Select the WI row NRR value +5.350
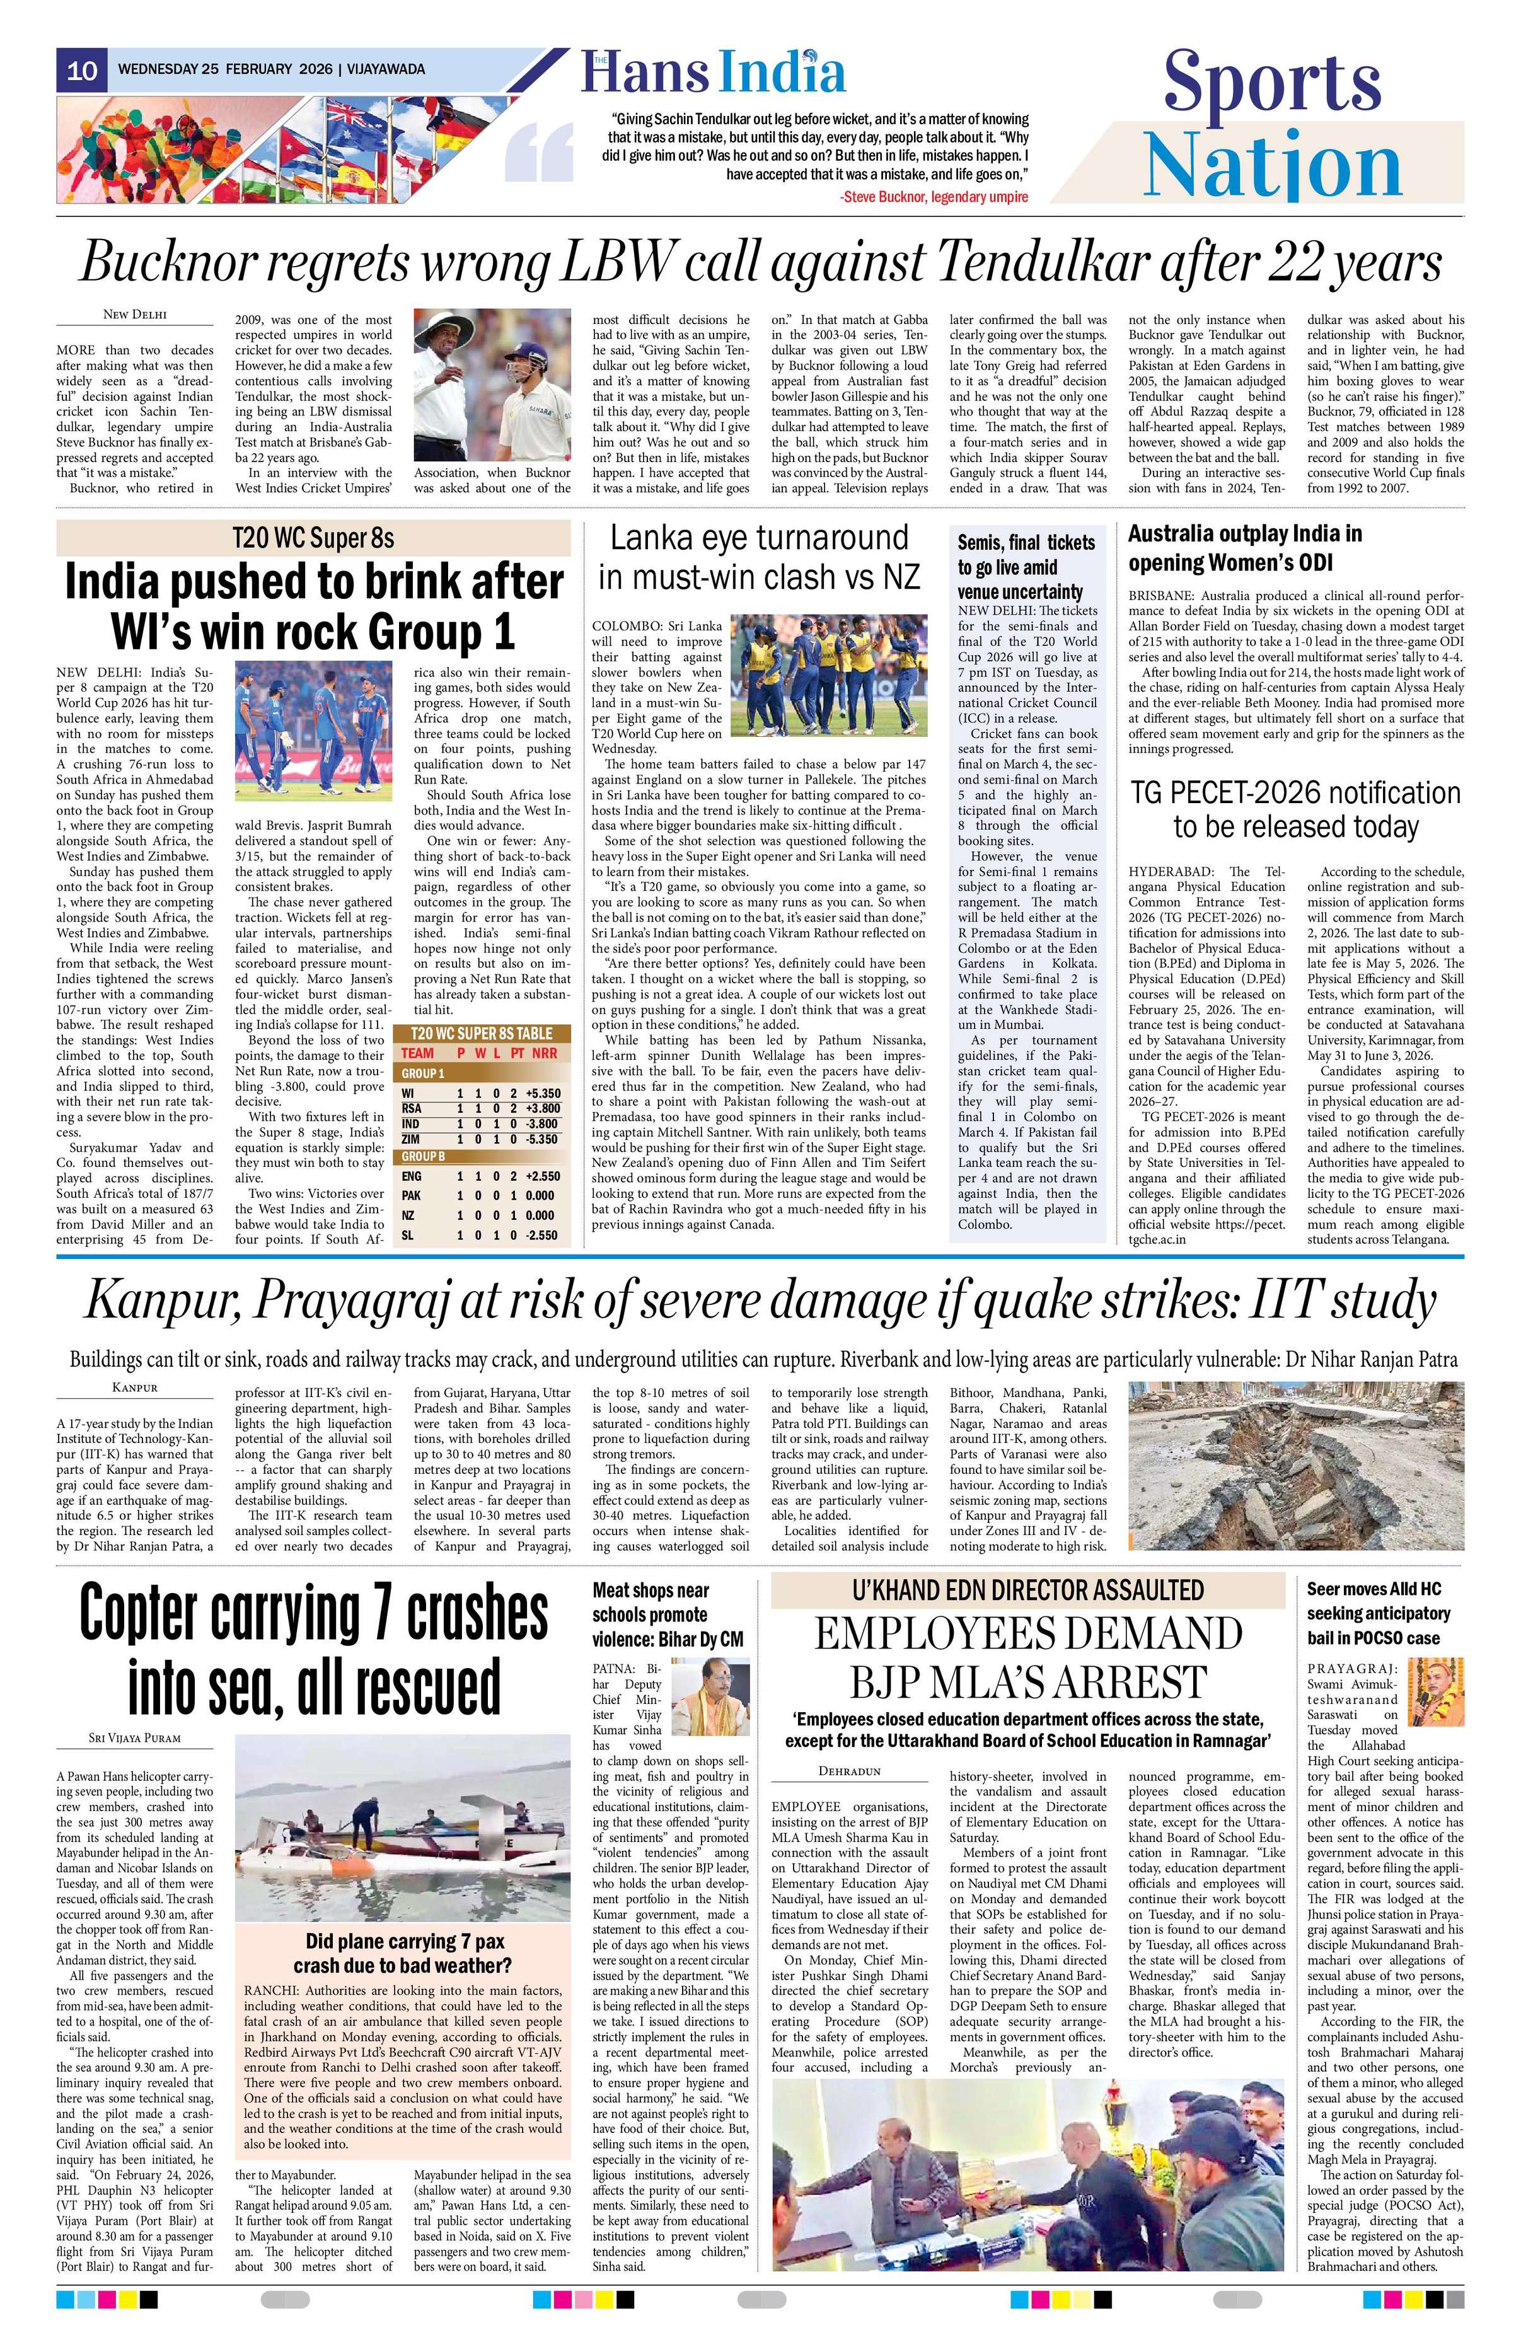tap(542, 1094)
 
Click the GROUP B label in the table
tap(423, 1156)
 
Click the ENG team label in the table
tap(413, 1176)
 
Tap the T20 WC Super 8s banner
tap(313, 538)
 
